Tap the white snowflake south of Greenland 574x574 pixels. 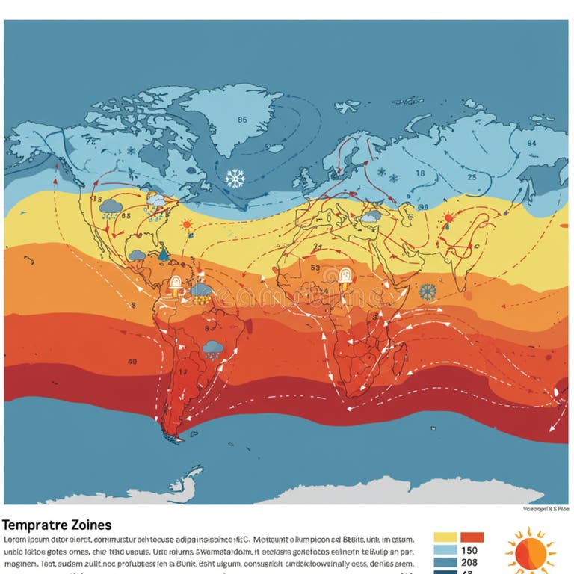tap(235, 178)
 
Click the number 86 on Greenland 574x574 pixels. tap(241, 120)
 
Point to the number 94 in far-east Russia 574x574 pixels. tap(531, 143)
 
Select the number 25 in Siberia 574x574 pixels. tap(472, 177)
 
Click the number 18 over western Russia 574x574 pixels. tap(419, 173)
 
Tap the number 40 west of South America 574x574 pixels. tap(132, 362)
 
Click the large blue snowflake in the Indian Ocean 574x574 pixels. tap(428, 291)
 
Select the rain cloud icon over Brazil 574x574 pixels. tap(212, 348)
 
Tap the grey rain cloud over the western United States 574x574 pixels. tap(111, 206)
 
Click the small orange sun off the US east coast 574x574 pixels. tap(186, 223)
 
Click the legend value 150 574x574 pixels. tap(470, 551)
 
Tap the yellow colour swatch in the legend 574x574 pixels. tap(445, 537)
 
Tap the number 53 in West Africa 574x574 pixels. tap(314, 268)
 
